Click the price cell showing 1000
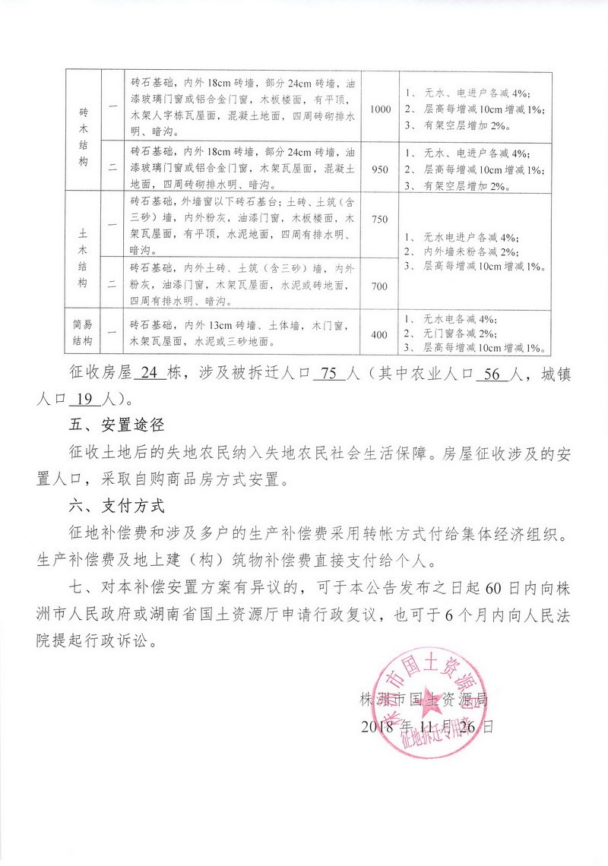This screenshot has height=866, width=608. coord(380,109)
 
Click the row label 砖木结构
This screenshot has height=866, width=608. coord(84,137)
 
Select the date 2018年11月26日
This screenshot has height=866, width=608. coord(428,726)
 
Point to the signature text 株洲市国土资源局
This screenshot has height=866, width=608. coord(427,698)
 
